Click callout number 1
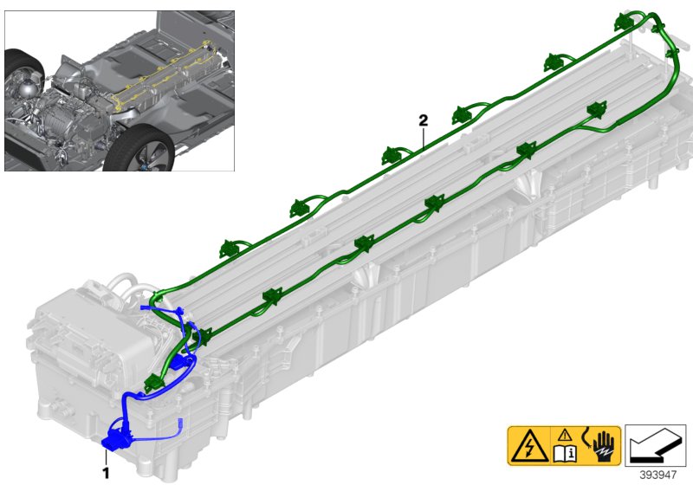click(106, 473)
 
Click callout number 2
click(424, 120)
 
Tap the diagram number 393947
click(658, 475)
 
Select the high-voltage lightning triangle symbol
click(529, 446)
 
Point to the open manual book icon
click(566, 454)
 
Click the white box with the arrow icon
click(656, 446)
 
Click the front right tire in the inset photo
click(139, 148)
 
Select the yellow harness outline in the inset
click(165, 75)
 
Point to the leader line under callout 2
click(424, 139)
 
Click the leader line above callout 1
click(106, 457)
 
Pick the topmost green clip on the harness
click(625, 23)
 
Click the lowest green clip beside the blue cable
click(154, 383)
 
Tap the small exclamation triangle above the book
click(565, 436)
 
